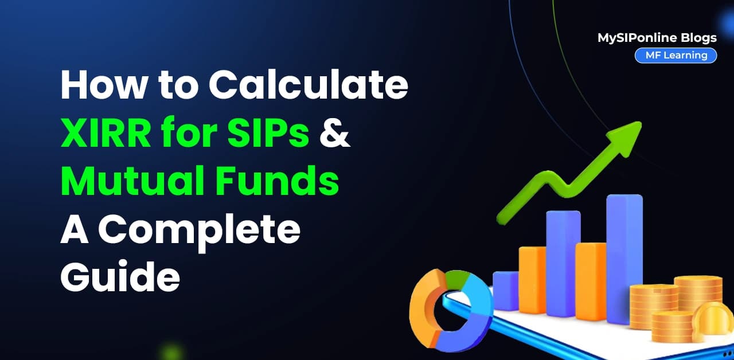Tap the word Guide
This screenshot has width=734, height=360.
[x=120, y=276]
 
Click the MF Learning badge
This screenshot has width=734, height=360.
[x=676, y=56]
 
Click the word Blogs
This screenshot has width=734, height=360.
[x=698, y=38]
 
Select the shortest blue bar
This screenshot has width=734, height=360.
[x=505, y=290]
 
